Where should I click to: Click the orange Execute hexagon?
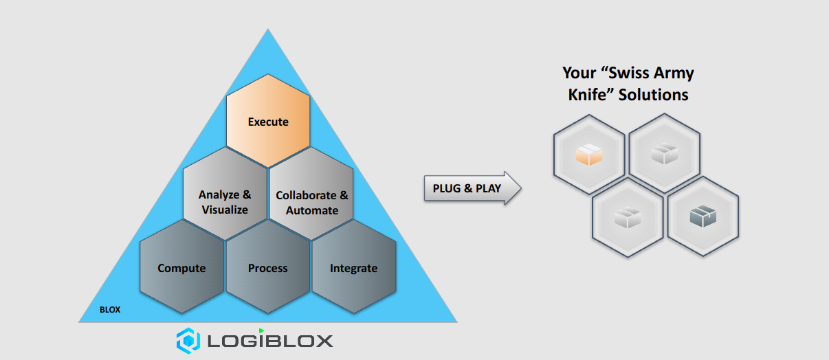coord(268,122)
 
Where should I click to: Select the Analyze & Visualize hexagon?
coord(225,202)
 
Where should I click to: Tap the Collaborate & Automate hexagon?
coord(311,203)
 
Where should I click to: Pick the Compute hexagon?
coord(181,268)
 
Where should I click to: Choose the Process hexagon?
coord(268,268)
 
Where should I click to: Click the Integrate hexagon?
coord(354,268)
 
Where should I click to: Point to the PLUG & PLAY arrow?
coord(471,188)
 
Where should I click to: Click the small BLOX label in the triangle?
coord(110,310)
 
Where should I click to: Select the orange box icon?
coord(588,155)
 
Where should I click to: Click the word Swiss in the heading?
coord(622,73)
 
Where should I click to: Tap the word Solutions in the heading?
coord(653,94)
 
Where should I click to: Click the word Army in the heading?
coord(672,73)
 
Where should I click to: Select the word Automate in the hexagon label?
coord(312,210)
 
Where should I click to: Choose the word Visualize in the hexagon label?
coord(225,210)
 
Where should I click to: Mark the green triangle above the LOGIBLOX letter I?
coord(261,330)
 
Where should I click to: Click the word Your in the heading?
coord(578,73)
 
